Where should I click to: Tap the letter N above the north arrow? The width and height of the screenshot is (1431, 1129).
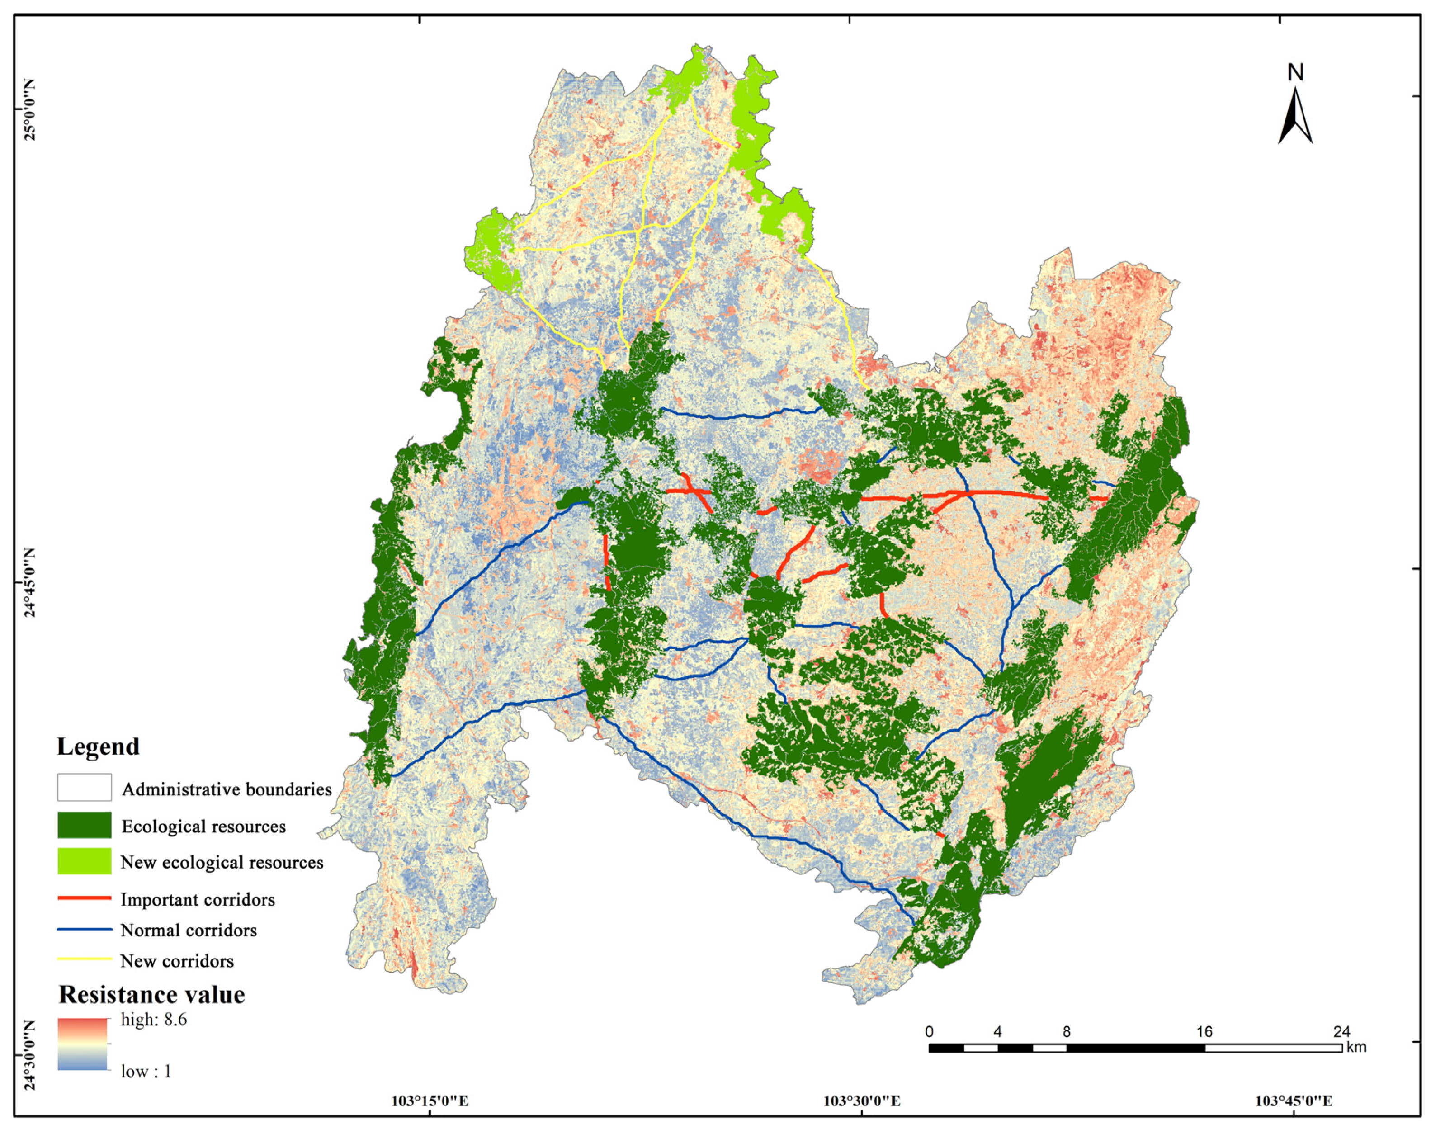[1295, 73]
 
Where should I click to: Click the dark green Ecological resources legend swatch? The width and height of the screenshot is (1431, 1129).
[84, 826]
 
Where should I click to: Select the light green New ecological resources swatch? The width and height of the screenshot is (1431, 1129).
[84, 861]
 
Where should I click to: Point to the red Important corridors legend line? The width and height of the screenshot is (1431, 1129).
[84, 898]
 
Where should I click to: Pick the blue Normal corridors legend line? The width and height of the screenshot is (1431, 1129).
[84, 929]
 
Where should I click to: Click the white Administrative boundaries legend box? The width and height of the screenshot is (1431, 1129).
[84, 787]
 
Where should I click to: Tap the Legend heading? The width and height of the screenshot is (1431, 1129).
[98, 747]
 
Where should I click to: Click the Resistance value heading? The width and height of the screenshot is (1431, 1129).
[151, 995]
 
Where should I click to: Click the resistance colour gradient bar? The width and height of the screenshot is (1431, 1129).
[83, 1044]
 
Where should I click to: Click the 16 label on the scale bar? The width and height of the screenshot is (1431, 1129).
[1204, 1031]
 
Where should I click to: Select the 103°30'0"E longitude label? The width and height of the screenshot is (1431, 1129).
[861, 1101]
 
